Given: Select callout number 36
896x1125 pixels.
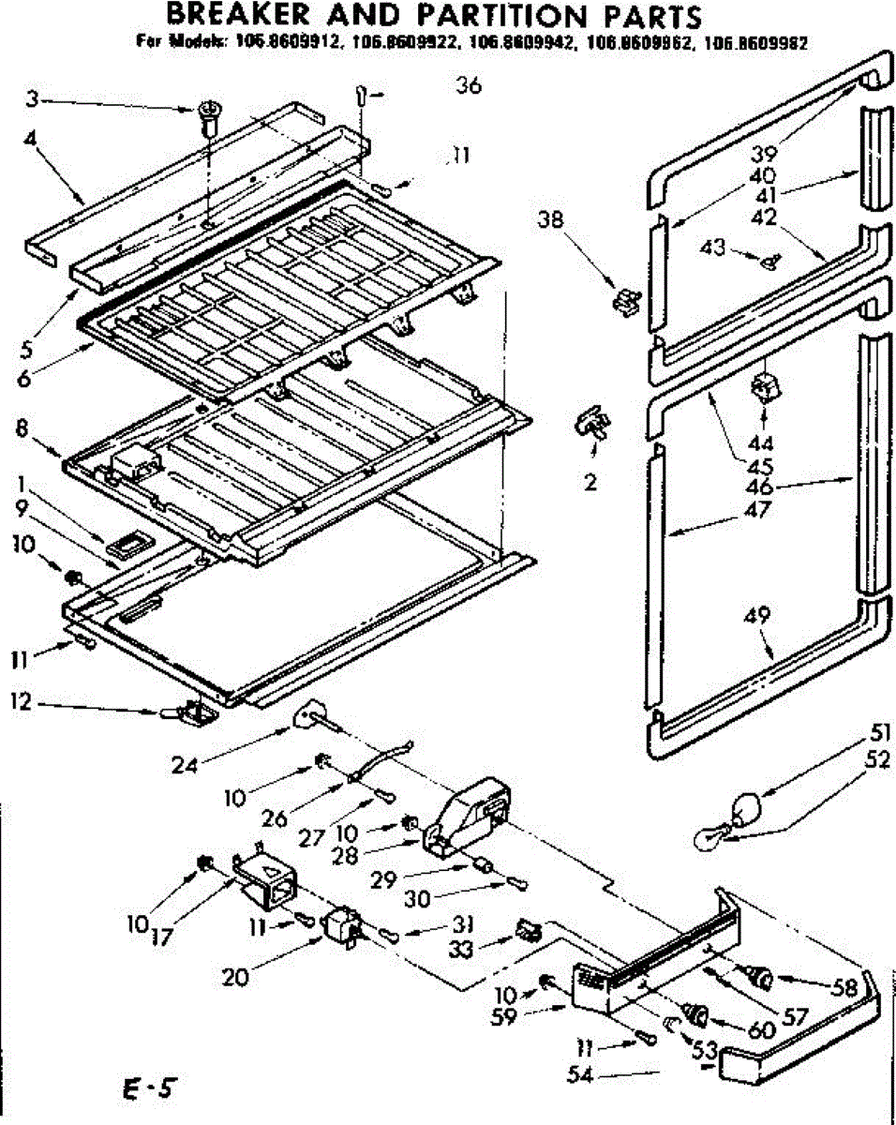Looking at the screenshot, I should pos(469,86).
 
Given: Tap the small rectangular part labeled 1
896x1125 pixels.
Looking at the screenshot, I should pos(120,543).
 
